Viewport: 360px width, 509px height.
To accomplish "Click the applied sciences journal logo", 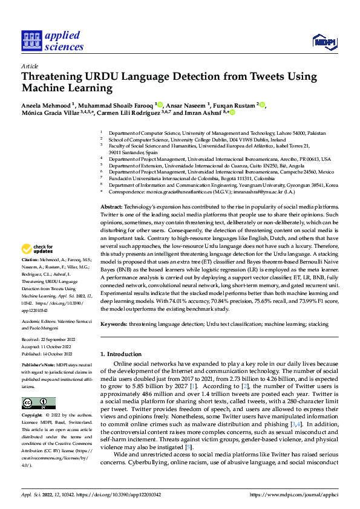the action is pyautogui.click(x=53, y=40).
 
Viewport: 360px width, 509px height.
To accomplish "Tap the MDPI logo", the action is pyautogui.click(x=324, y=41).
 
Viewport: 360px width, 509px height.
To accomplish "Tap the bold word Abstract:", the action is pyautogui.click(x=113, y=207).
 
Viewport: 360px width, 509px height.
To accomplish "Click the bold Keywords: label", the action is pyautogui.click(x=114, y=325).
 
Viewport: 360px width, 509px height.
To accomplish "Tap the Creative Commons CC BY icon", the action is pyautogui.click(x=38, y=403).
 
